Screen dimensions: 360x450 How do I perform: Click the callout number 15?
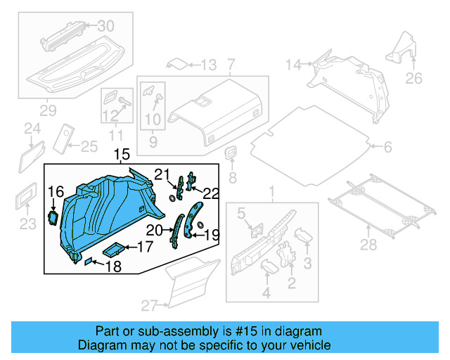pyautogui.click(x=121, y=154)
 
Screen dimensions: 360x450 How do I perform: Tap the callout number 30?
pyautogui.click(x=105, y=26)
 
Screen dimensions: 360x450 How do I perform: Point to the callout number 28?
pyautogui.click(x=368, y=245)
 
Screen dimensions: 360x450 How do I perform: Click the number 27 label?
pyautogui.click(x=150, y=305)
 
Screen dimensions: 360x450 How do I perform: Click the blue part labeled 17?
pyautogui.click(x=115, y=248)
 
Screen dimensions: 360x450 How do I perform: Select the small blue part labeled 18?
pyautogui.click(x=89, y=262)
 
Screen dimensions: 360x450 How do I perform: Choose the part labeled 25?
pyautogui.click(x=65, y=137)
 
